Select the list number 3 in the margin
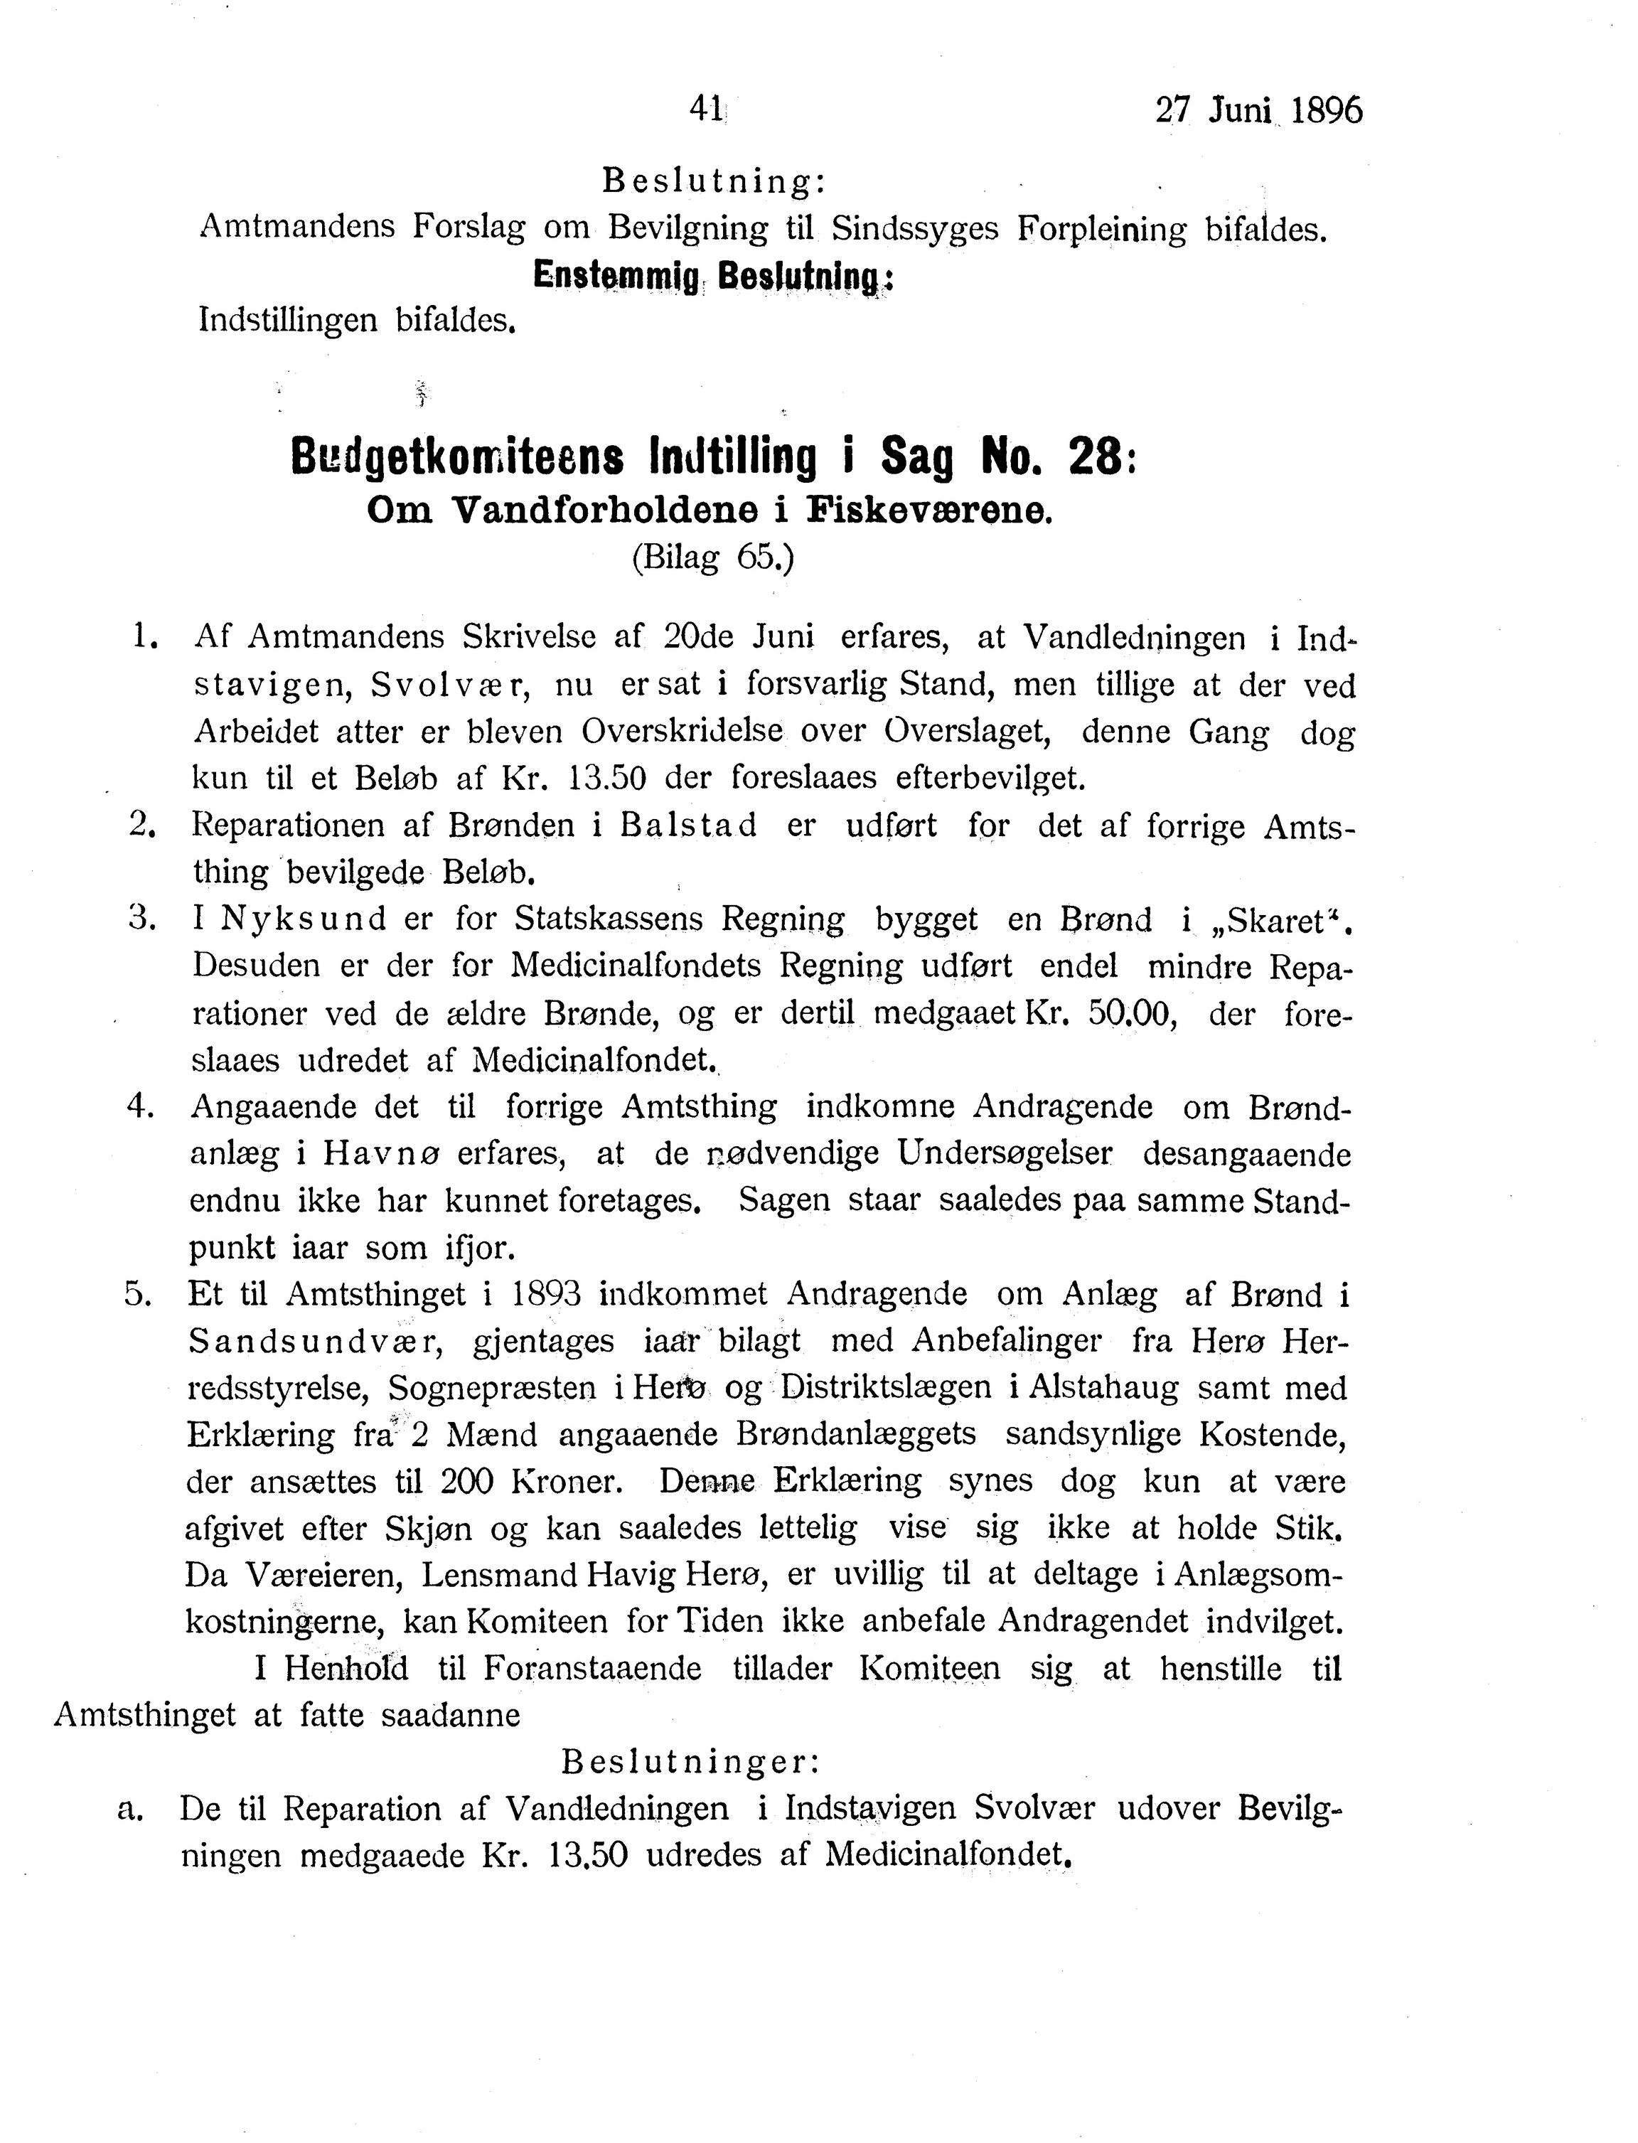pyautogui.click(x=142, y=917)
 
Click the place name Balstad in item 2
pyautogui.click(x=687, y=825)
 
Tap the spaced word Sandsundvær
pyautogui.click(x=315, y=1342)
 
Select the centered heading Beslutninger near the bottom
pyautogui.click(x=690, y=1762)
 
